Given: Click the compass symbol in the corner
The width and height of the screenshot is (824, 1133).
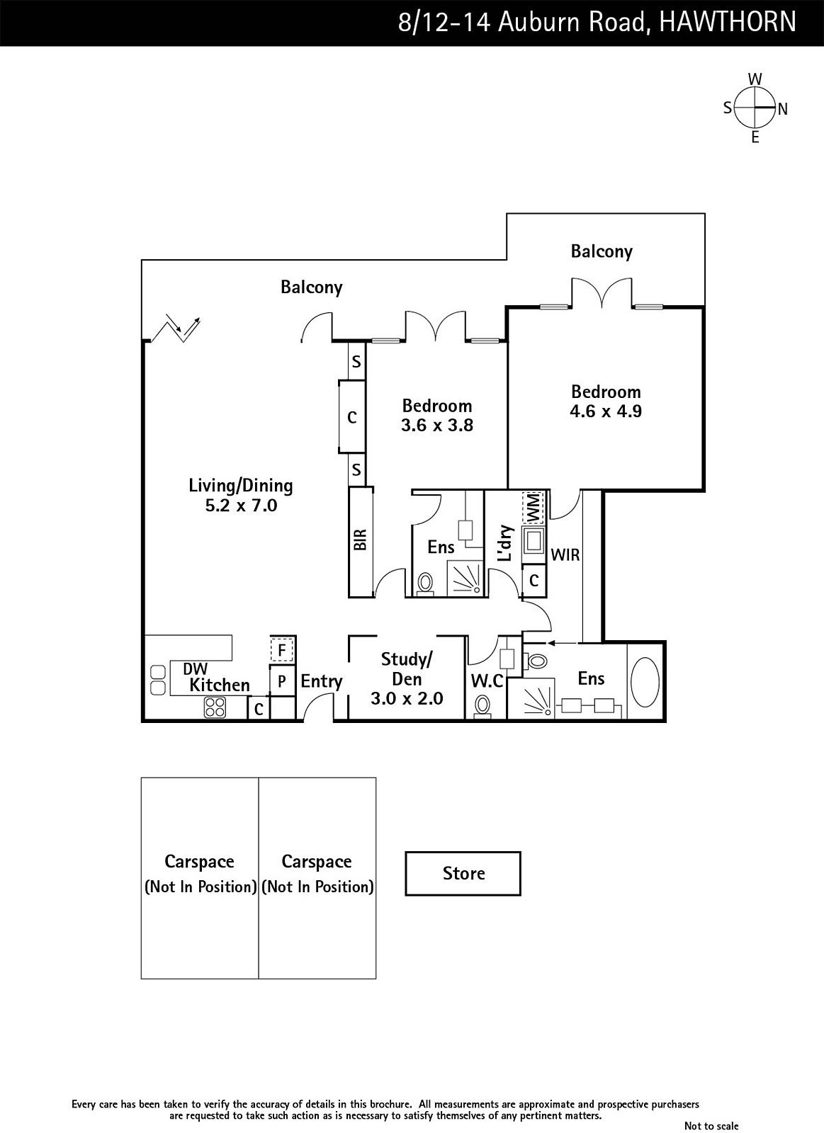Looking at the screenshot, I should (x=755, y=108).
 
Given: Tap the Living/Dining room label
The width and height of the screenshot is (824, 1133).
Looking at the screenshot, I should (x=240, y=486).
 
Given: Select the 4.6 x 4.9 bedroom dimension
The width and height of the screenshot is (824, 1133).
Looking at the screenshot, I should (x=605, y=411).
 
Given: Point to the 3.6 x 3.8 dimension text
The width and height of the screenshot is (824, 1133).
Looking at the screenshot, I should (x=436, y=426).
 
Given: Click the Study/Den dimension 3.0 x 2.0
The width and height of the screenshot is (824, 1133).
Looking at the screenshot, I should (x=407, y=698).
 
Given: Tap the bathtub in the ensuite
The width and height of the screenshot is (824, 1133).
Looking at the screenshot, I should (x=644, y=682).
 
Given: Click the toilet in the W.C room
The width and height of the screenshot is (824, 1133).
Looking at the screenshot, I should (x=482, y=705).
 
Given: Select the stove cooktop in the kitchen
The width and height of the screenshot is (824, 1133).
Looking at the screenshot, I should (x=215, y=707).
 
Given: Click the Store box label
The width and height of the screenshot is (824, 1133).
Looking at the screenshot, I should (x=463, y=873).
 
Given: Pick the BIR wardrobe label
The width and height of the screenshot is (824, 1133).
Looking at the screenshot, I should (x=360, y=540).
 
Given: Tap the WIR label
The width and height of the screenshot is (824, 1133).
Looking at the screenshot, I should (x=565, y=555).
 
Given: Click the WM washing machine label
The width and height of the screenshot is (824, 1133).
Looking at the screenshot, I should (x=532, y=507).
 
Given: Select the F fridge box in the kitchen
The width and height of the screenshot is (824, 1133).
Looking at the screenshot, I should (x=281, y=649).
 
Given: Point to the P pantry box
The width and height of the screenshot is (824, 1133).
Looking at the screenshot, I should (x=281, y=681).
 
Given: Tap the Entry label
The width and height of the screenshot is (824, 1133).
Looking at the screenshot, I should (x=321, y=681).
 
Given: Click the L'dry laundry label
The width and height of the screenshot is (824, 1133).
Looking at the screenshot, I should (x=505, y=543).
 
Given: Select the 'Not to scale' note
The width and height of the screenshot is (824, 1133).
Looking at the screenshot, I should (x=711, y=1126).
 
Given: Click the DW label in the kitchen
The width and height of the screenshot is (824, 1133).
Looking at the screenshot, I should (x=195, y=669).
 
